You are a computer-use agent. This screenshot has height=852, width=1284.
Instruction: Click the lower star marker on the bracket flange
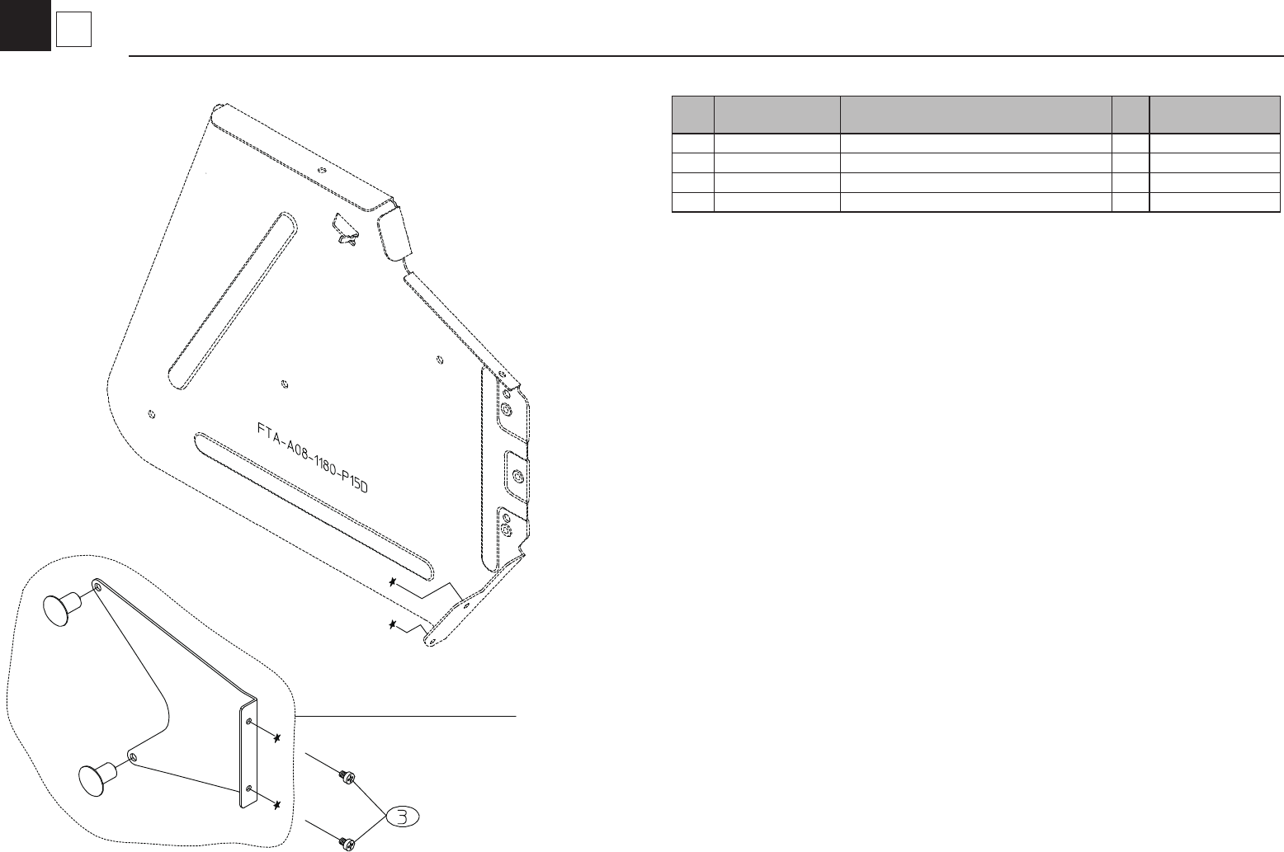click(279, 803)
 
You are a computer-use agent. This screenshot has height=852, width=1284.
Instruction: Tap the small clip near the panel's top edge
click(345, 231)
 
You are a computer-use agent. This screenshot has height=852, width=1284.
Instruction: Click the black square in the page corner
click(25, 25)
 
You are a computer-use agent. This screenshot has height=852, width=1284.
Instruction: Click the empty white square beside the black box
click(73, 31)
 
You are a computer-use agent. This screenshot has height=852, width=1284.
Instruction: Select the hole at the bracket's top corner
click(98, 586)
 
